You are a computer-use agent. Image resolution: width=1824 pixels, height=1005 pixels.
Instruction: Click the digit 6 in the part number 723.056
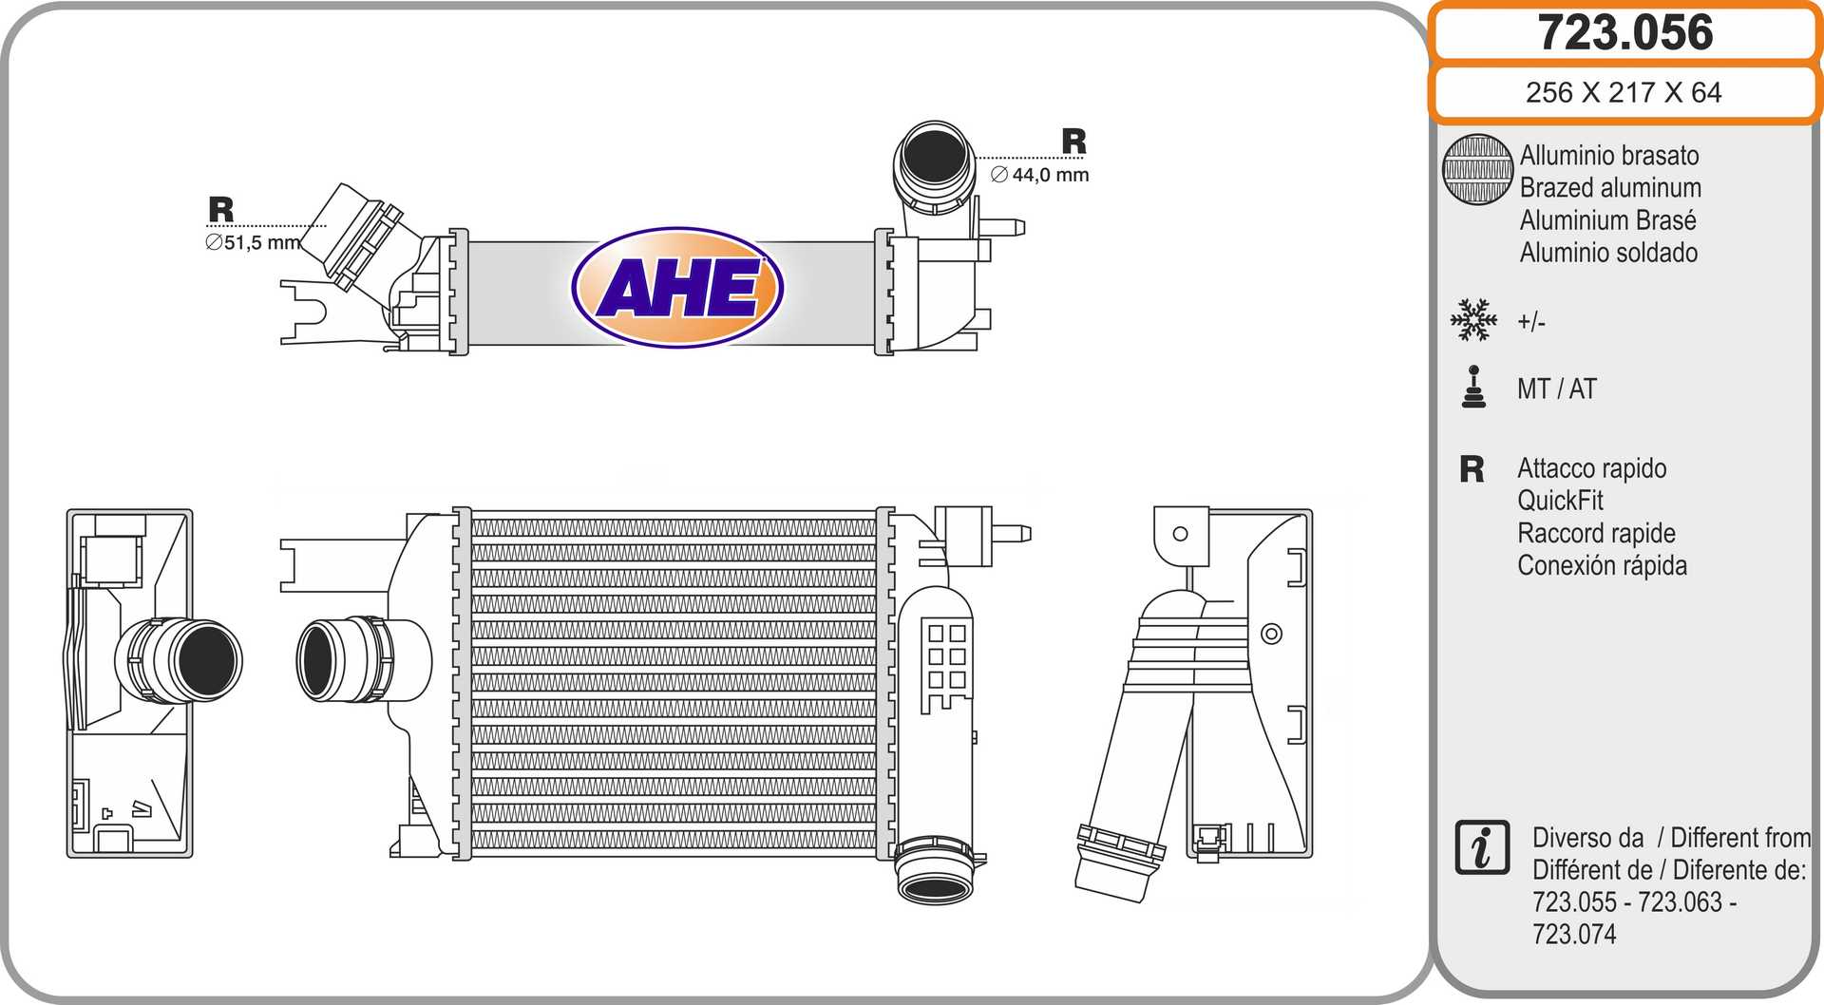point(1697,32)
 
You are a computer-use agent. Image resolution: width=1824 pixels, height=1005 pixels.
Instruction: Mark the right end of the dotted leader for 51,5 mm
point(326,226)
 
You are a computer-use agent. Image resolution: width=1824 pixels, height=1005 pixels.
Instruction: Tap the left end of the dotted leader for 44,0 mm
point(976,158)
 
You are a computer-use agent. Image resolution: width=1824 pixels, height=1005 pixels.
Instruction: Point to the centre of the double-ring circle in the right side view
point(1271,634)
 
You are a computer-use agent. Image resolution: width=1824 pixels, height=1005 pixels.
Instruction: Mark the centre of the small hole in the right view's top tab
point(1180,534)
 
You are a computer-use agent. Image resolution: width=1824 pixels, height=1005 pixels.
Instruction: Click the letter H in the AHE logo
point(678,288)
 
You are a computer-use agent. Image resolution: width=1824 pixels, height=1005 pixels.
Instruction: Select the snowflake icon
point(1473,320)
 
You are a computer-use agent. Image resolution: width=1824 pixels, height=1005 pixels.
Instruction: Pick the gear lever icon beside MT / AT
point(1473,388)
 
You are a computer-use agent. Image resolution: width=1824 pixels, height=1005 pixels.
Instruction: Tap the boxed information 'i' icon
point(1482,846)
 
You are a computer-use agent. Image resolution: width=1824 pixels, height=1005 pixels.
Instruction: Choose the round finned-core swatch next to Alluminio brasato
point(1477,169)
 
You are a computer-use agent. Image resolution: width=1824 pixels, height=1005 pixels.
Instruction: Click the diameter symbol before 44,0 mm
point(999,175)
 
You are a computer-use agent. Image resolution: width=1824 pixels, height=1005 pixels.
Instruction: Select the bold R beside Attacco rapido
point(1472,469)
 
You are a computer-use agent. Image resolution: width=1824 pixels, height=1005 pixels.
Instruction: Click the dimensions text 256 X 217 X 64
point(1624,92)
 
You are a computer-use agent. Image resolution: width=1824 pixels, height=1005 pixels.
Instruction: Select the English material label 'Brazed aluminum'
point(1610,188)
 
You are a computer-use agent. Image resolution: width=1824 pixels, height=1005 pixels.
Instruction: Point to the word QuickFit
point(1560,501)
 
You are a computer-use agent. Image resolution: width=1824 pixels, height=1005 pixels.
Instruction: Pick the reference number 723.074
point(1574,934)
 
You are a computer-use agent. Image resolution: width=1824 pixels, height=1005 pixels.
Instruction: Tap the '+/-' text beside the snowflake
point(1531,322)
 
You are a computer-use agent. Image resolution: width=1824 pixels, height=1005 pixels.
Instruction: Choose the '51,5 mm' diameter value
point(262,243)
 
